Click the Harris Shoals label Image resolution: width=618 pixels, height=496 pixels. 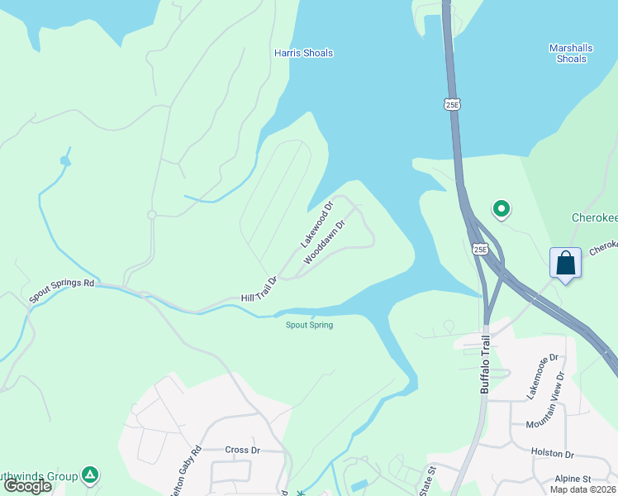point(303,53)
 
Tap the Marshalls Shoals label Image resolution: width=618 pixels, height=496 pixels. point(571,53)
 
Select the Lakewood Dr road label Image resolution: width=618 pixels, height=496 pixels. point(316,224)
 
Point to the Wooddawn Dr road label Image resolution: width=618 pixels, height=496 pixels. point(323,241)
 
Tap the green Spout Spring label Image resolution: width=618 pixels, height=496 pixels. point(309,325)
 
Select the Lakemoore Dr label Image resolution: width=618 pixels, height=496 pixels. point(544,375)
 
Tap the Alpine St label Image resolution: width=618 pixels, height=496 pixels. point(573,479)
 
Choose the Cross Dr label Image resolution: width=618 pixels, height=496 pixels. point(243,450)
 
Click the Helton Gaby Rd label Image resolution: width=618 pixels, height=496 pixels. point(185,472)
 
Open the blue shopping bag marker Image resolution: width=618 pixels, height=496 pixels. point(566,264)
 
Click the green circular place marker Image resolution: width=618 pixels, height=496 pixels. point(500,210)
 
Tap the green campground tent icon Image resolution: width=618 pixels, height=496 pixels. point(91,475)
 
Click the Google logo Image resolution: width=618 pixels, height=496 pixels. point(28,486)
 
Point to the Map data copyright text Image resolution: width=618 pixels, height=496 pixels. point(582,489)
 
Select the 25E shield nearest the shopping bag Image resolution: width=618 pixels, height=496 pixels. point(480,249)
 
